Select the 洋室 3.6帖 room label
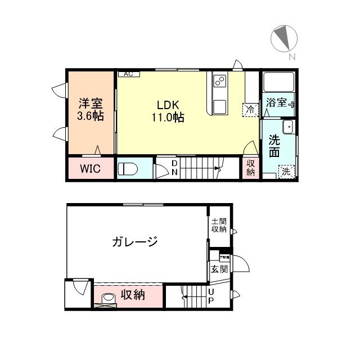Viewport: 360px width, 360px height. pyautogui.click(x=91, y=110)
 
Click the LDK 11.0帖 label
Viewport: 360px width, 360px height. pyautogui.click(x=167, y=111)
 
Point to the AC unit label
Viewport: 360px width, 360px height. pyautogui.click(x=128, y=74)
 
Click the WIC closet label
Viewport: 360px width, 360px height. pyautogui.click(x=90, y=169)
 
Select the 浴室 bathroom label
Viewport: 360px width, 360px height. pyautogui.click(x=277, y=102)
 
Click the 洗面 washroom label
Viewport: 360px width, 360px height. pyautogui.click(x=274, y=145)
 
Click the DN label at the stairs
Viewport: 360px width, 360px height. pyautogui.click(x=174, y=168)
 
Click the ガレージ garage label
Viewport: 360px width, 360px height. pyautogui.click(x=134, y=242)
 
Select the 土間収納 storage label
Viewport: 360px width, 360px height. pyautogui.click(x=218, y=225)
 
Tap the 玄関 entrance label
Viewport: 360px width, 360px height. pyautogui.click(x=218, y=269)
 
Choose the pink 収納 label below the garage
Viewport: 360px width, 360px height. pyautogui.click(x=133, y=294)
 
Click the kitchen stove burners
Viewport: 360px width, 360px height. pyautogui.click(x=219, y=82)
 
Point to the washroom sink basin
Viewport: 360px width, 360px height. pyautogui.click(x=288, y=128)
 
